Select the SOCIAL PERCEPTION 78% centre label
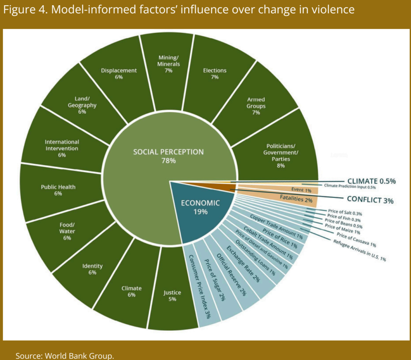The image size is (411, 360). point(169,156)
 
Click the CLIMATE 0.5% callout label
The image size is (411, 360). point(371,181)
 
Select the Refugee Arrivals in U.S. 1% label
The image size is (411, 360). point(359,250)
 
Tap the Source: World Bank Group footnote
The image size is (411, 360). point(65,356)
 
